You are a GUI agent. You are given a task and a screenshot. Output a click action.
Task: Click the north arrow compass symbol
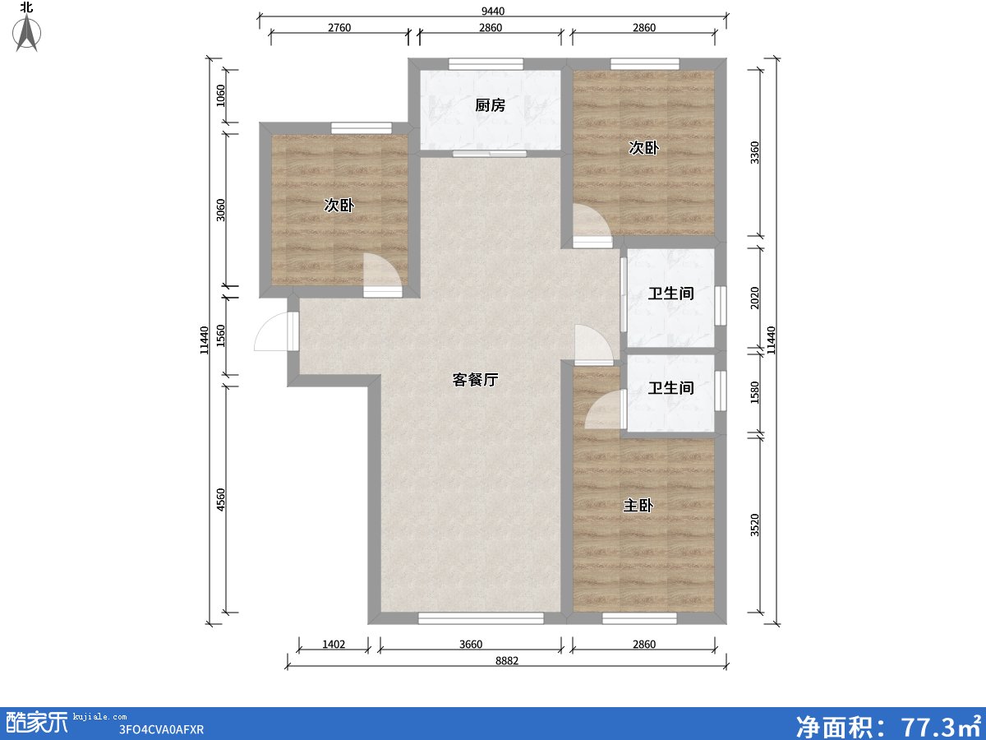28,31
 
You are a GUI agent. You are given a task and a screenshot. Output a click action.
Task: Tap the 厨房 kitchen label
490,105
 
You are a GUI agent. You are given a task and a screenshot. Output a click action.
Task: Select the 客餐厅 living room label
476,380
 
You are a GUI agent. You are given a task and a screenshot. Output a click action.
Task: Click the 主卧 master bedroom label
638,506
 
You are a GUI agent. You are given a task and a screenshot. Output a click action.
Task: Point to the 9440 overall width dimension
492,11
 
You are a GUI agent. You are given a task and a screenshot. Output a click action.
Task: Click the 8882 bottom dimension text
506,660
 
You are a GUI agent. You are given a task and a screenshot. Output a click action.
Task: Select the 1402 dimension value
333,644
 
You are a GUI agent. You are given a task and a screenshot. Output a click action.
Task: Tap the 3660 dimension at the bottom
471,644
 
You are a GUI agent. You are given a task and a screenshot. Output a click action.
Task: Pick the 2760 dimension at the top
339,28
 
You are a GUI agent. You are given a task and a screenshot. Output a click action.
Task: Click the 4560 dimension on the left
220,500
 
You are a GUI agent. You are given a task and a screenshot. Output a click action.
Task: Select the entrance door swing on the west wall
274,333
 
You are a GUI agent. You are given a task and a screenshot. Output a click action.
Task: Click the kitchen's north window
486,63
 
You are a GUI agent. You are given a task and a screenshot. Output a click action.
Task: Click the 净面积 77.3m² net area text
887,724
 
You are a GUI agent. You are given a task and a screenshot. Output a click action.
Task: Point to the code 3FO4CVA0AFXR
161,729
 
